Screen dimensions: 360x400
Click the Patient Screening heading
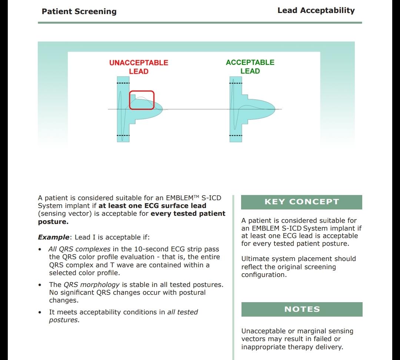click(79, 11)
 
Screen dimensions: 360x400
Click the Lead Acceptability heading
click(316, 10)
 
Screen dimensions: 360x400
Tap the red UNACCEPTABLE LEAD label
click(139, 67)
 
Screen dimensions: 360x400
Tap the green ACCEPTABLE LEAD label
click(250, 66)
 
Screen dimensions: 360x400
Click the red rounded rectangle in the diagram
click(141, 100)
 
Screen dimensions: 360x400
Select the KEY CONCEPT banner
click(301, 202)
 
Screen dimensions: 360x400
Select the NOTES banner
click(301, 309)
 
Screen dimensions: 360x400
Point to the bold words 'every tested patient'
click(188, 214)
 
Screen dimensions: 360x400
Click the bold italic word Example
click(53, 237)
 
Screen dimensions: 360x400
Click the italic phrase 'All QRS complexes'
click(79, 249)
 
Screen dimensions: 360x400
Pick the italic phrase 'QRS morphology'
click(91, 285)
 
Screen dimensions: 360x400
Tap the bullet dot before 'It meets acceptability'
click(40, 312)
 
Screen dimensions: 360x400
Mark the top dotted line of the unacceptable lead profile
click(123, 83)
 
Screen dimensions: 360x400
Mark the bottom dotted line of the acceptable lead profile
click(236, 136)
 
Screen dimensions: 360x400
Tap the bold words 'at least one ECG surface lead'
click(152, 206)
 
